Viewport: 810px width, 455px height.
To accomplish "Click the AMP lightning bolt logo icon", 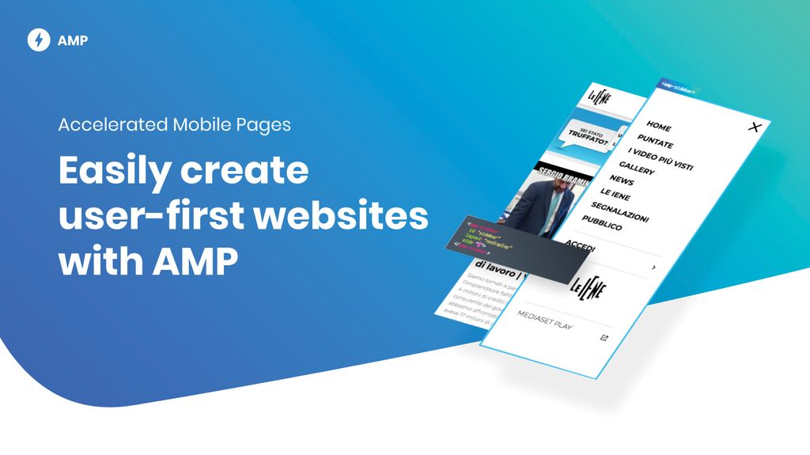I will point(39,40).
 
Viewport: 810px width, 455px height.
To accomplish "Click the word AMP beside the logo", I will point(73,41).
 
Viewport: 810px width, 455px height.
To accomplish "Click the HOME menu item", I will point(658,126).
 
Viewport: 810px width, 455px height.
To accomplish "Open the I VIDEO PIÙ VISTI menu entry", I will point(660,157).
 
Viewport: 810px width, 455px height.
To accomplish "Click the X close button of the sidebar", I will point(755,127).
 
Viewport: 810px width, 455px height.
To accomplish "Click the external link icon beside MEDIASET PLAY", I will point(604,338).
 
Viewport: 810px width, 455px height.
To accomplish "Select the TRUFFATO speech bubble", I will point(588,136).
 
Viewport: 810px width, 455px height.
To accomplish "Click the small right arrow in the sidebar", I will point(653,268).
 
